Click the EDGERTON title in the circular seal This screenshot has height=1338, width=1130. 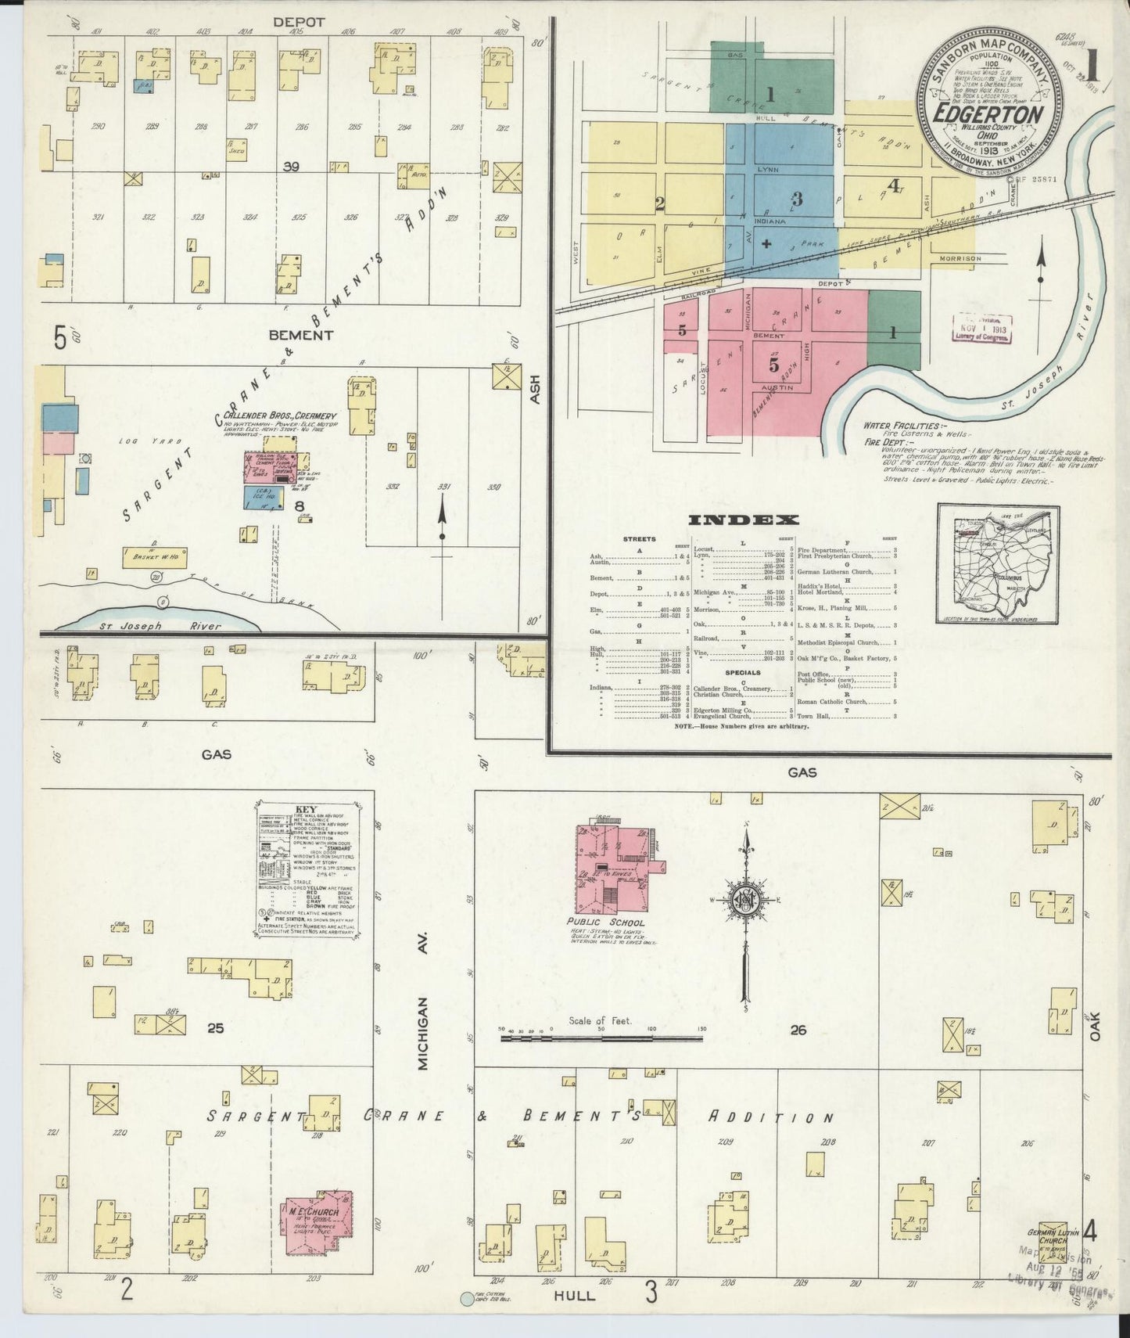point(989,114)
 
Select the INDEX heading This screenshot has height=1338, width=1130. point(744,520)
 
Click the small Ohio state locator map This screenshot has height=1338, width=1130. point(999,564)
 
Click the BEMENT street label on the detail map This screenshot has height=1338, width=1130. point(300,335)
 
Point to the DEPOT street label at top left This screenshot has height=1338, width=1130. point(298,22)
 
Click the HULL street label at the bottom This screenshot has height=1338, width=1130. point(574,1295)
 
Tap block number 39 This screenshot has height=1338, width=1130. point(291,166)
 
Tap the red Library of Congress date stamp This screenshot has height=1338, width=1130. point(981,329)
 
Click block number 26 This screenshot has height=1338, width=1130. point(798,1030)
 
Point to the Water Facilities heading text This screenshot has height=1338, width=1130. point(901,426)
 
